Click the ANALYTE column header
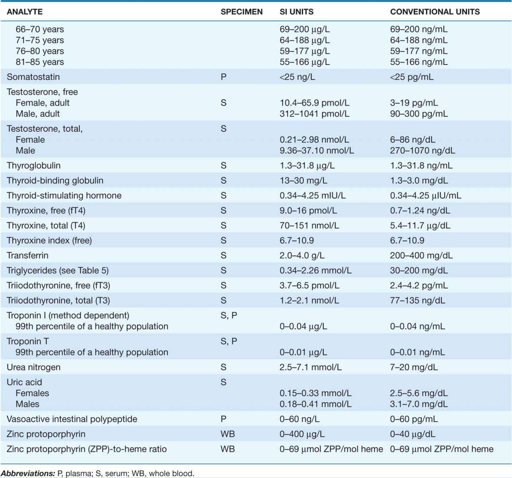pyautogui.click(x=25, y=12)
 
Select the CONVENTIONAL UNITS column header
pyautogui.click(x=435, y=12)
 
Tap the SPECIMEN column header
pyautogui.click(x=242, y=12)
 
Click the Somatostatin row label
pyautogui.click(x=33, y=77)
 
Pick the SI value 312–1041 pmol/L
pyautogui.click(x=314, y=114)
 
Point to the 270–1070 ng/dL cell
pyautogui.click(x=422, y=151)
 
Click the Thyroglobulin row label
pyautogui.click(x=34, y=166)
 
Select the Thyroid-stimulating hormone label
pyautogui.click(x=64, y=195)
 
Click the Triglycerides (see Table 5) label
pyautogui.click(x=58, y=271)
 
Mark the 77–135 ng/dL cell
pyautogui.click(x=417, y=300)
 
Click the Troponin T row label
pyautogui.click(x=28, y=341)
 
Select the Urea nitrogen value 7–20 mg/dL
pyautogui.click(x=414, y=367)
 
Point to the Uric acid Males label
pyautogui.click(x=27, y=404)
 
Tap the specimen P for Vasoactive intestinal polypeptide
pyautogui.click(x=224, y=419)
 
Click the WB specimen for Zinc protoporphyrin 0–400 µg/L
pyautogui.click(x=228, y=434)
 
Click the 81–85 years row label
pyautogui.click(x=40, y=62)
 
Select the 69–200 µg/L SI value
pyautogui.click(x=304, y=29)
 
